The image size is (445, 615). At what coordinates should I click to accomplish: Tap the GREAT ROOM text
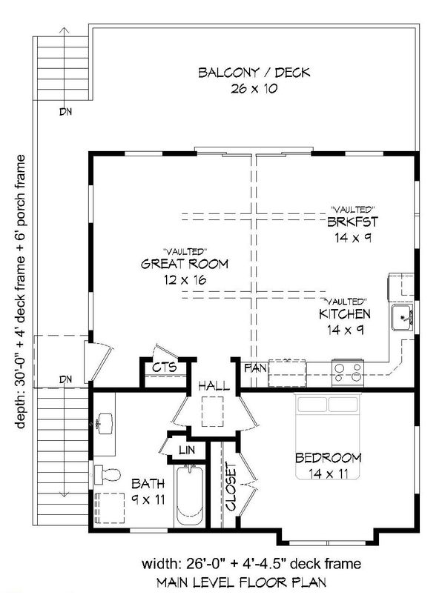[x=185, y=264]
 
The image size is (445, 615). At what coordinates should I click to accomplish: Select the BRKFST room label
[x=352, y=222]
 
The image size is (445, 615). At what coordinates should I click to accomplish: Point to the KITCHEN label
[x=345, y=314]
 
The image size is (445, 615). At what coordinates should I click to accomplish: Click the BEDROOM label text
[x=328, y=457]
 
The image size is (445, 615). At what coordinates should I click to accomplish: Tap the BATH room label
[x=148, y=484]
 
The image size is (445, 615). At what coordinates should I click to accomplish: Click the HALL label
[x=214, y=386]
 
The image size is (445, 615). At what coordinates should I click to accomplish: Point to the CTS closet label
[x=164, y=367]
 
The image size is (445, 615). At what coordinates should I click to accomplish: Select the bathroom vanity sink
[x=103, y=425]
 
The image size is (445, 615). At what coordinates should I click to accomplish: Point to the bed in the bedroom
[x=328, y=437]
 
